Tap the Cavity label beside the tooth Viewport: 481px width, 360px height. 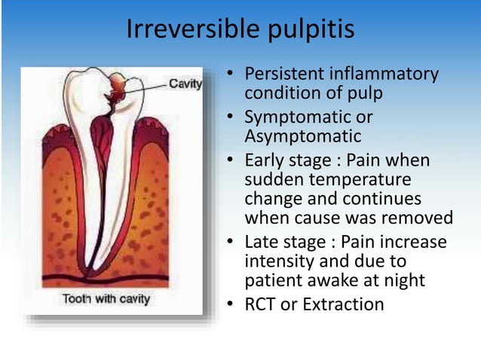click(185, 84)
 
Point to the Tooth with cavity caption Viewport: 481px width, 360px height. click(106, 299)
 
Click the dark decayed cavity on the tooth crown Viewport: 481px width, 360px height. click(119, 89)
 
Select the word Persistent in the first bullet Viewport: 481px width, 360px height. click(283, 75)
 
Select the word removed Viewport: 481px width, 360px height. click(422, 218)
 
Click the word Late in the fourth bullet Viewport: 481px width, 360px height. click(262, 243)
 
